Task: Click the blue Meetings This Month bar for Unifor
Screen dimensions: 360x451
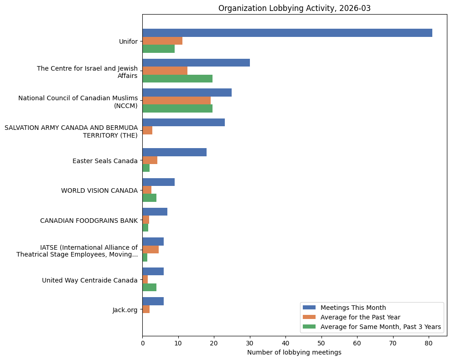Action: pyautogui.click(x=287, y=33)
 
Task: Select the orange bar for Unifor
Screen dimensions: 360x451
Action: pyautogui.click(x=162, y=41)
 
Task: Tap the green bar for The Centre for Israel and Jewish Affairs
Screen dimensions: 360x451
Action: pyautogui.click(x=177, y=79)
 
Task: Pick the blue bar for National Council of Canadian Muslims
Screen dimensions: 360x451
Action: pyautogui.click(x=187, y=93)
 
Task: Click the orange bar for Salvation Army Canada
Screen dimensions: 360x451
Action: pyautogui.click(x=147, y=131)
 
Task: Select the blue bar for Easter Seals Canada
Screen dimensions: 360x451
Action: pyautogui.click(x=174, y=152)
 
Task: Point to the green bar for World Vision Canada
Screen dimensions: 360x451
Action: pyautogui.click(x=149, y=198)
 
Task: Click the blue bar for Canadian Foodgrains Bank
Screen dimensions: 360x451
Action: pyautogui.click(x=155, y=212)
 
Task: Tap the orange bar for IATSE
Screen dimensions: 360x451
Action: pyautogui.click(x=150, y=250)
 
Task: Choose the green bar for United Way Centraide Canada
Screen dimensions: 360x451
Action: pyautogui.click(x=149, y=287)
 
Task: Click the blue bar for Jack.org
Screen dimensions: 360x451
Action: pyautogui.click(x=153, y=301)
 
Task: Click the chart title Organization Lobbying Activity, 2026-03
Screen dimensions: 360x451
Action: pyautogui.click(x=294, y=8)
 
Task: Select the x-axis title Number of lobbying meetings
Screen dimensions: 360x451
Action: pyautogui.click(x=294, y=352)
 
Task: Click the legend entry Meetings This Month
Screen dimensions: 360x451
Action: pyautogui.click(x=353, y=307)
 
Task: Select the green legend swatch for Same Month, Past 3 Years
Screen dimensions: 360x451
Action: pyautogui.click(x=310, y=327)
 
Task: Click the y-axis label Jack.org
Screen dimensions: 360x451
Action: pyautogui.click(x=125, y=310)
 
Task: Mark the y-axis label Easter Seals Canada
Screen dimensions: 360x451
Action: pyautogui.click(x=105, y=161)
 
